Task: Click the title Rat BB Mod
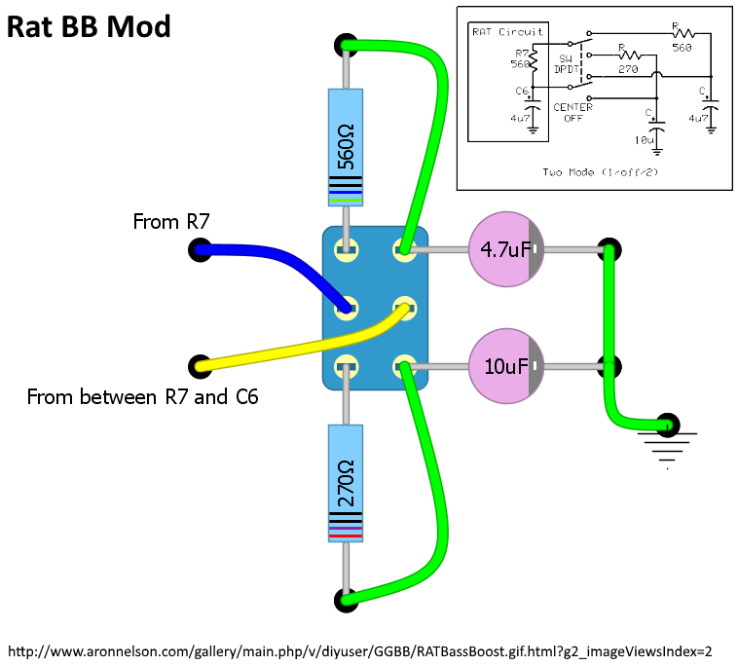point(89,26)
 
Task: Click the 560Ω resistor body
point(346,147)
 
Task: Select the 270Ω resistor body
point(346,483)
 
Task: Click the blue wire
point(263,260)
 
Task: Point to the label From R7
point(171,222)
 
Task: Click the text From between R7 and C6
point(142,397)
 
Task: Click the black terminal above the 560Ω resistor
point(345,44)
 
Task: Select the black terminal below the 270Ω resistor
point(345,600)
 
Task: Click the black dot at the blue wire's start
point(199,250)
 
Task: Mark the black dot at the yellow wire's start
point(200,366)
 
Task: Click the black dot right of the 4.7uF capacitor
point(609,249)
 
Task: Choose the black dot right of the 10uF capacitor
point(609,366)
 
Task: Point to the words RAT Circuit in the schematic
point(507,31)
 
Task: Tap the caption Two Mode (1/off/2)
point(591,171)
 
